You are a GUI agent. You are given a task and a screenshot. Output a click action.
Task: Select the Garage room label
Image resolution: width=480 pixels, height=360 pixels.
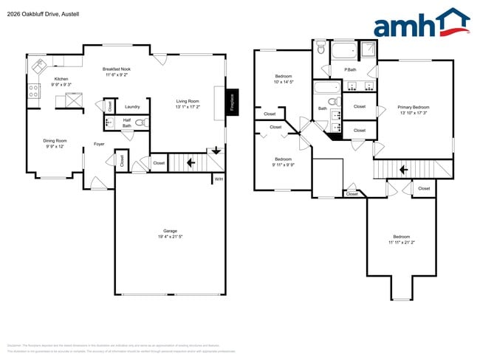(170, 231)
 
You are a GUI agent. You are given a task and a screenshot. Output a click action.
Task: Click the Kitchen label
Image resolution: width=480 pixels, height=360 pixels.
(61, 79)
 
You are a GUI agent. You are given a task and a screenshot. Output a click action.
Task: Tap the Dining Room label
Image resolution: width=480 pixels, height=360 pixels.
(55, 141)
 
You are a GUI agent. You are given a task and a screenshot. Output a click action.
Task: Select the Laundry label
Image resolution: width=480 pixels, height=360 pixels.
(132, 106)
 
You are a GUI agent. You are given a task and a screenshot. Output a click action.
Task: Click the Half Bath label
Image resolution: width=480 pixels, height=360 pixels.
(126, 123)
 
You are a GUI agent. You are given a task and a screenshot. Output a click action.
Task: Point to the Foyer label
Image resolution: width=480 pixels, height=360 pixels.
(98, 144)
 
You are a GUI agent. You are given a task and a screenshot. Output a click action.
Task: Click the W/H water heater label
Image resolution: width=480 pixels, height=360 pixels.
(219, 179)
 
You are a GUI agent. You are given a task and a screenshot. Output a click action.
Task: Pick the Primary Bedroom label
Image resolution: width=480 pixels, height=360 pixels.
(413, 108)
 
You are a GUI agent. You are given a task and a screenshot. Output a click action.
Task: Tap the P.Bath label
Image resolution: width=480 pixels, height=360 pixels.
(351, 70)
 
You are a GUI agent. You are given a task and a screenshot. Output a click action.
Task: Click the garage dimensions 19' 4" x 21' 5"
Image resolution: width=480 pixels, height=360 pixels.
(170, 237)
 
